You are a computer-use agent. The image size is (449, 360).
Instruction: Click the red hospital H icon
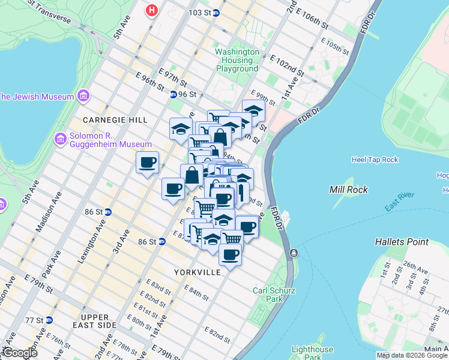pyautogui.click(x=152, y=10)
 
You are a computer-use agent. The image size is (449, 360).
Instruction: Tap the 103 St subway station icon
pyautogui.click(x=216, y=13)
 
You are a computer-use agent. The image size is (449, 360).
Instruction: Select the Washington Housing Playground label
pyautogui.click(x=237, y=61)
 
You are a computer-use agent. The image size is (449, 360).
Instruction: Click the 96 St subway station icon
pyautogui.click(x=173, y=94)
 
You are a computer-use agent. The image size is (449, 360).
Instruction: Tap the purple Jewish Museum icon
pyautogui.click(x=83, y=97)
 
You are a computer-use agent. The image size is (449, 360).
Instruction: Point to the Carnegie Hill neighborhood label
pyautogui.click(x=115, y=120)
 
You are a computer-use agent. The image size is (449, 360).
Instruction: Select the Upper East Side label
pyautogui.click(x=90, y=320)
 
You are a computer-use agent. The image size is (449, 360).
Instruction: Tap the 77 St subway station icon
pyautogui.click(x=50, y=320)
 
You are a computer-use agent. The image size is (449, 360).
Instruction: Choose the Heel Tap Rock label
pyautogui.click(x=374, y=160)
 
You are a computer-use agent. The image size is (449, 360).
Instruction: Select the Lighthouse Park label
pyautogui.click(x=312, y=353)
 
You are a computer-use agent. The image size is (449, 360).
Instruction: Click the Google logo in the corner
pyautogui.click(x=19, y=353)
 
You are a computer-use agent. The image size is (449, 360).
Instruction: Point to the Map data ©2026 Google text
pyautogui.click(x=412, y=355)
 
